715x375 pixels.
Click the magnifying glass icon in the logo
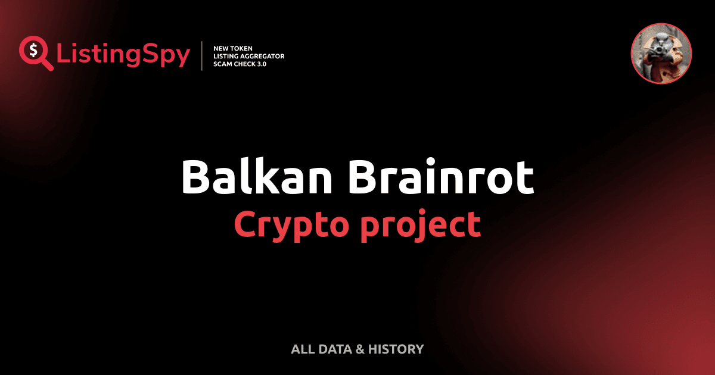coord(35,53)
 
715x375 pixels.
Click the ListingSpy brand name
coord(123,55)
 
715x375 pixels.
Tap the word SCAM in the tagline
coord(223,64)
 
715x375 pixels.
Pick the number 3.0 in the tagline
coord(260,64)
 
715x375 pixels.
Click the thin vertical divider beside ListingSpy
coord(204,56)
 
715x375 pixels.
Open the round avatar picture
coord(661,54)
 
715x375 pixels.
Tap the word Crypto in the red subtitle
coord(285,224)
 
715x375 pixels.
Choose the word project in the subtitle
coord(420,225)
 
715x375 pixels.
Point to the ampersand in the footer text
coord(359,349)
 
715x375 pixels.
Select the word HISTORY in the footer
coord(396,349)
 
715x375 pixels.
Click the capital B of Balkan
coord(195,176)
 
